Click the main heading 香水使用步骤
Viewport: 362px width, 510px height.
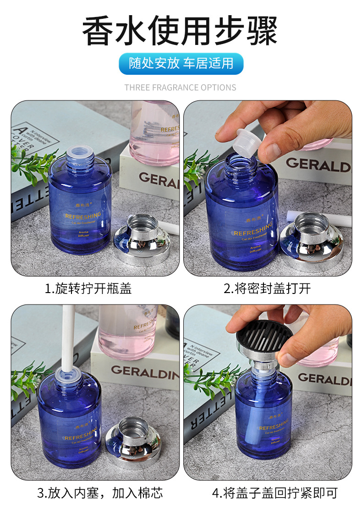point(180,31)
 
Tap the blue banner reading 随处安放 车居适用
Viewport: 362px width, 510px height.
point(181,63)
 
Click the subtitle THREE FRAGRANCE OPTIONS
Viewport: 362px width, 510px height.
point(180,87)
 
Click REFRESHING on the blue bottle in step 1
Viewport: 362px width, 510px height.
point(83,216)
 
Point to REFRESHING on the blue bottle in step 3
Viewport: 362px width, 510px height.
point(82,437)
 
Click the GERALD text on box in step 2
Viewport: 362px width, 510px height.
point(318,165)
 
